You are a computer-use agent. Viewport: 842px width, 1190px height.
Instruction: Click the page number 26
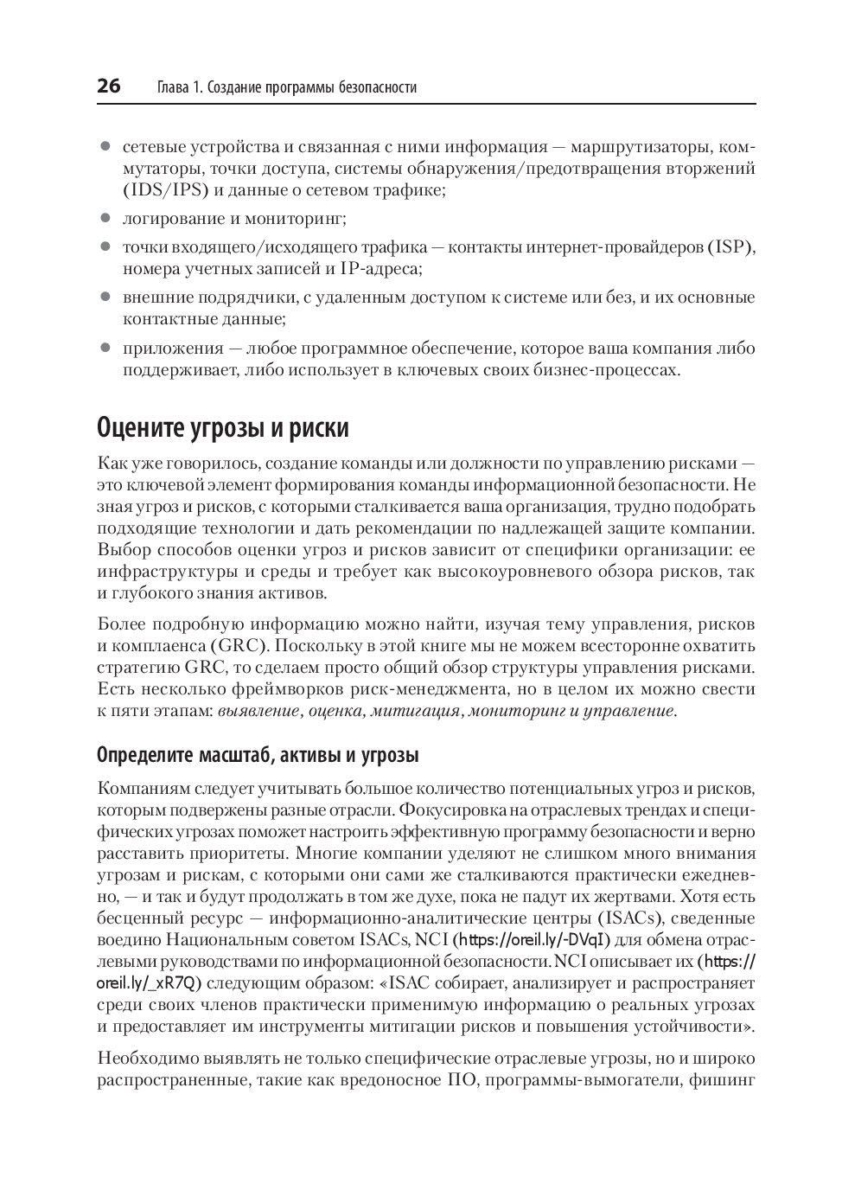(109, 86)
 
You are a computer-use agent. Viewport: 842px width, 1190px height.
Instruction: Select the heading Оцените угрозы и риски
(223, 428)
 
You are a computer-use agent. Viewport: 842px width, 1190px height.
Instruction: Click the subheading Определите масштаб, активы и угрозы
(258, 755)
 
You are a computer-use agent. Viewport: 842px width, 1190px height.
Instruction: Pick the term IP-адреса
(380, 269)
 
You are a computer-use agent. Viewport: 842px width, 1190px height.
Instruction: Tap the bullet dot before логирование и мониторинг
(105, 219)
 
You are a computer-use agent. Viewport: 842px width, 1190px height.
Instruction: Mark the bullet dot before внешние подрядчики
(105, 297)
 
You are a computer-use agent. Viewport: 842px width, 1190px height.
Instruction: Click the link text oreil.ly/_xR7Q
(149, 983)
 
